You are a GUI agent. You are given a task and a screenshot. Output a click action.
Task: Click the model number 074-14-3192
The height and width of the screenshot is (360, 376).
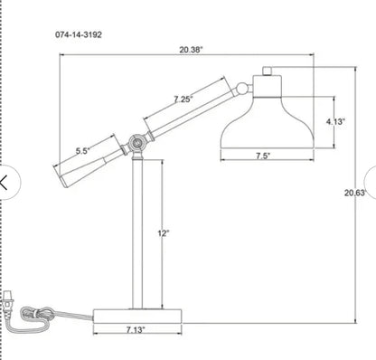point(79,34)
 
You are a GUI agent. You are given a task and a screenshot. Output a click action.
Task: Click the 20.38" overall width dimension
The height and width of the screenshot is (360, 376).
point(191,50)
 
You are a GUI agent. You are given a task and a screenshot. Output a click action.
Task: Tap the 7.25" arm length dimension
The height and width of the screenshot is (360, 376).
point(183,99)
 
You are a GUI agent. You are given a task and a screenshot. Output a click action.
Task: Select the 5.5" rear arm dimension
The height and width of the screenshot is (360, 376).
point(82,151)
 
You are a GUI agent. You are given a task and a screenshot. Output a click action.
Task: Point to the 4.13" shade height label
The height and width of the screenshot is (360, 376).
point(335,121)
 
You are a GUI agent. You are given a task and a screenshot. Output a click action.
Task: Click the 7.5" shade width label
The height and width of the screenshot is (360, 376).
point(263,156)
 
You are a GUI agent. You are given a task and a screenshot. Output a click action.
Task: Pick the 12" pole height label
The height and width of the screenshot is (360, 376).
point(164,233)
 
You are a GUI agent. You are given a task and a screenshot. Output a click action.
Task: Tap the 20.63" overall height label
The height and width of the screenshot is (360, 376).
point(355,193)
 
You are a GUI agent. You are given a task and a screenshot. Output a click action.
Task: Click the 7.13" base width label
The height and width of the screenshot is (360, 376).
point(136,330)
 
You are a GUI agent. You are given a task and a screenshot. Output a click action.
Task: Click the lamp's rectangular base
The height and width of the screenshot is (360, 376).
point(137,317)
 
